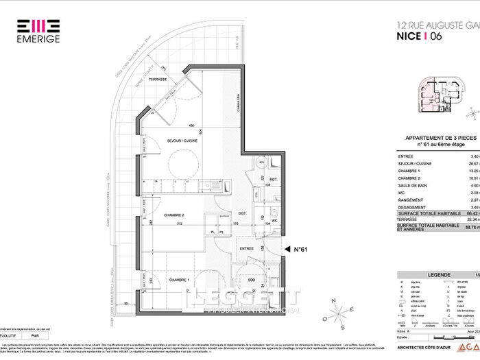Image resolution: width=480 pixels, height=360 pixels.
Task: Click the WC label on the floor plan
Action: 274,221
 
